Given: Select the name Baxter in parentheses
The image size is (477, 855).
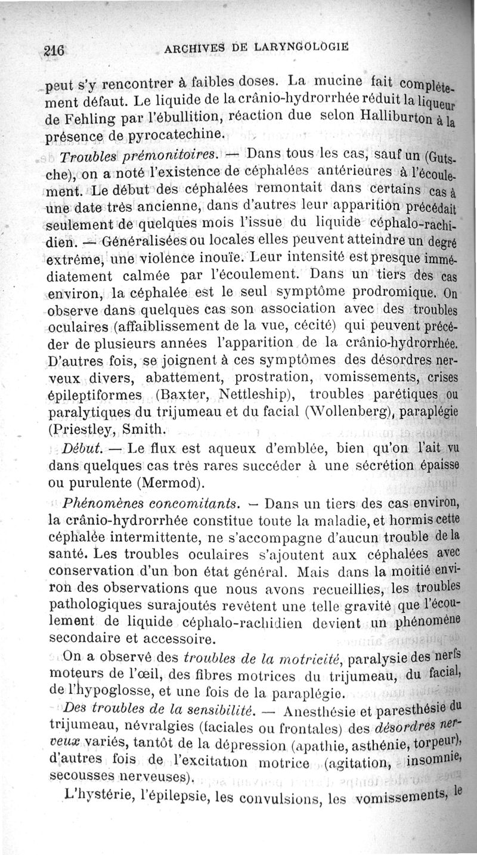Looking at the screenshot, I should (178, 396).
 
